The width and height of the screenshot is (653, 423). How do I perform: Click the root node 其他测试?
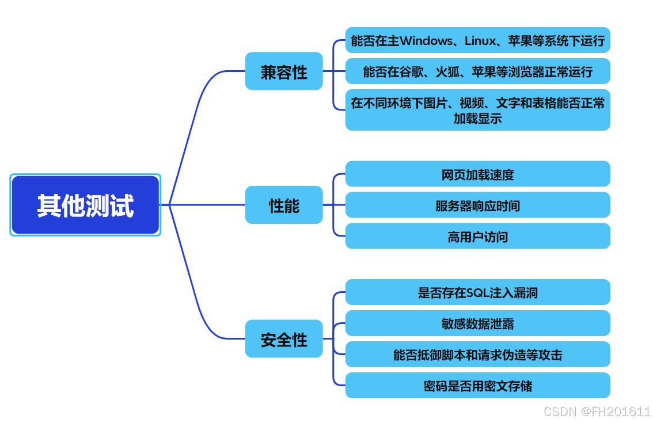click(x=85, y=205)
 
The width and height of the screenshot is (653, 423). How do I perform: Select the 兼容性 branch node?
click(x=284, y=71)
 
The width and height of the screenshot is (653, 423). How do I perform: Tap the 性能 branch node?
click(x=284, y=205)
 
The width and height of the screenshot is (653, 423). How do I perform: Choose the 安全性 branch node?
click(x=284, y=339)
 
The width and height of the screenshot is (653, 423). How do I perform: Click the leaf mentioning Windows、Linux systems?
click(x=477, y=40)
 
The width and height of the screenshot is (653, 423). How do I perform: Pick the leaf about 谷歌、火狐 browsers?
click(x=477, y=71)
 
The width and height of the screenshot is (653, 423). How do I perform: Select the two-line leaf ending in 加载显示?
click(x=477, y=110)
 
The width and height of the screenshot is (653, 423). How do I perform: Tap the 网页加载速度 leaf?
click(x=477, y=174)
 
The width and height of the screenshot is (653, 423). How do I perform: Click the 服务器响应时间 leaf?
click(x=477, y=205)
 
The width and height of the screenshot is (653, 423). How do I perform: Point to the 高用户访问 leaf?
click(x=477, y=236)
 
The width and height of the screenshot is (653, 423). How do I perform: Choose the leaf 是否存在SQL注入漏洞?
click(x=477, y=292)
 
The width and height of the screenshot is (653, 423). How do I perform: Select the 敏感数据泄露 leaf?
click(x=477, y=323)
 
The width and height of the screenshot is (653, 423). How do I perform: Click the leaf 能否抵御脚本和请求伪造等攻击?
click(x=477, y=355)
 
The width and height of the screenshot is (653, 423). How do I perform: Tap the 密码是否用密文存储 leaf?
click(x=477, y=386)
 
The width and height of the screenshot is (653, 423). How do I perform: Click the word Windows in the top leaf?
click(x=426, y=41)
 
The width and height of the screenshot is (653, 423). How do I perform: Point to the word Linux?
click(x=480, y=41)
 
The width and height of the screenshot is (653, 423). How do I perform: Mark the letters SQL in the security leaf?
click(x=477, y=293)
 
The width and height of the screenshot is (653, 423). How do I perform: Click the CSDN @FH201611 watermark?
click(x=597, y=411)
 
